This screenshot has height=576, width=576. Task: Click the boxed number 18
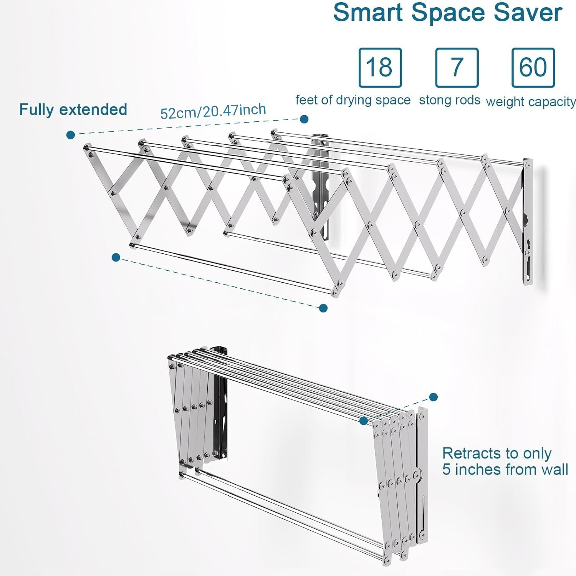pos(380,67)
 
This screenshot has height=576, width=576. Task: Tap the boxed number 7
pos(457,67)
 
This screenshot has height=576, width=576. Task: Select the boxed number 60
pos(533,67)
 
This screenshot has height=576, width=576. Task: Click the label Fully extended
pos(73,110)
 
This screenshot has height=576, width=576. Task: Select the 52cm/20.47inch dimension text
pos(213,111)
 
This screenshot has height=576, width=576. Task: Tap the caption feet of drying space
pos(353,100)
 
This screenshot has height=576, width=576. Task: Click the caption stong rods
pos(450,100)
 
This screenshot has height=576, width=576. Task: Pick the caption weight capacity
pos(531,102)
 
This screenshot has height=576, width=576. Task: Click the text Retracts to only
pos(497,454)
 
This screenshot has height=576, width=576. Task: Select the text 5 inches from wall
pos(505,470)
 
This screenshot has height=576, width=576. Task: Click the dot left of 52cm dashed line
pos(71,134)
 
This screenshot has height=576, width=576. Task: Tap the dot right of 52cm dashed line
pos(304,119)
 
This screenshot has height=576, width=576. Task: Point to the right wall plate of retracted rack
pos(422,472)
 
